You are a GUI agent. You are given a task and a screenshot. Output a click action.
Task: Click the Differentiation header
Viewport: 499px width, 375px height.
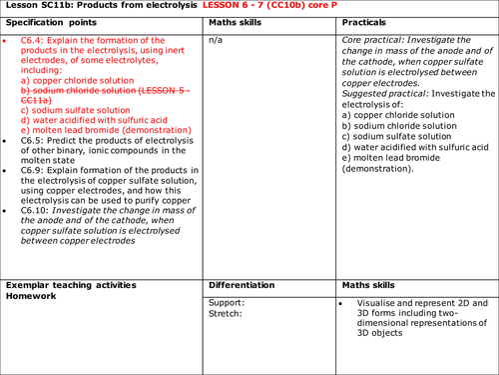pos(246,286)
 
